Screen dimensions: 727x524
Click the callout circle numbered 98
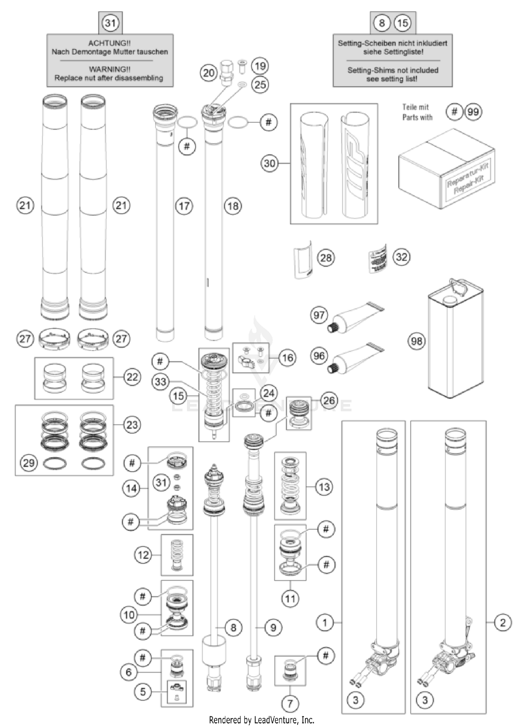(416, 341)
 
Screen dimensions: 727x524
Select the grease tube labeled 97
(355, 317)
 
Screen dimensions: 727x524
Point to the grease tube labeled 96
(355, 358)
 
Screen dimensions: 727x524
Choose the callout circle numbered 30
(269, 163)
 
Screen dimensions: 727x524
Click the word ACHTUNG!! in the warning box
(109, 43)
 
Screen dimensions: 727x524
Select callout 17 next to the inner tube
(184, 206)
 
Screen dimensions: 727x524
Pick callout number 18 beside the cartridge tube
(233, 206)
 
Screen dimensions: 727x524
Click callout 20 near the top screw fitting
(209, 73)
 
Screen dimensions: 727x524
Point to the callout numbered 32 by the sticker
(401, 257)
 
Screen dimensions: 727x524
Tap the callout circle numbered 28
(326, 258)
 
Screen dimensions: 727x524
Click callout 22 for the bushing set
(132, 377)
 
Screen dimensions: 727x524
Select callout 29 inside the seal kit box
(29, 463)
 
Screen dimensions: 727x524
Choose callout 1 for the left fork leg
(325, 623)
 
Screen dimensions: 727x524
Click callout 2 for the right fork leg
(503, 623)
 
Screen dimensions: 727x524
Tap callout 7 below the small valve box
(290, 703)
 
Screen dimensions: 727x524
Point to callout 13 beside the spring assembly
(324, 487)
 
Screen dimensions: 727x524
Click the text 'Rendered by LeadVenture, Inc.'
(262, 720)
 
